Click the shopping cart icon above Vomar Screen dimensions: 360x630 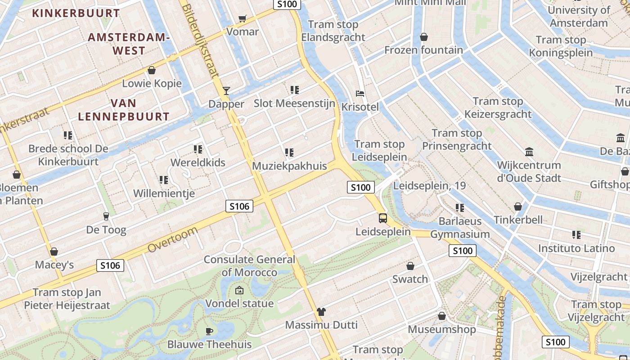coord(243,18)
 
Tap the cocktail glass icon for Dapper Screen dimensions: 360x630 coord(226,91)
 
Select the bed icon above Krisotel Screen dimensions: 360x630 coord(360,94)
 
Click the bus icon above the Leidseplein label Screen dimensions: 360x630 coord(383,218)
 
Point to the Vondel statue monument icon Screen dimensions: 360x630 coord(239,290)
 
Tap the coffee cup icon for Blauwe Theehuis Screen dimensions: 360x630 coord(209,332)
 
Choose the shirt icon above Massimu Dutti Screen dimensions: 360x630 coord(321,311)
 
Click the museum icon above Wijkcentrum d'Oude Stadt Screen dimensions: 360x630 coord(529,152)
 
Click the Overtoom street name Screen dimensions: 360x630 coord(172,240)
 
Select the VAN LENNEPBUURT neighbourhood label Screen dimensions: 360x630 coord(124,110)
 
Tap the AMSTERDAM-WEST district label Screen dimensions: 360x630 coord(128,44)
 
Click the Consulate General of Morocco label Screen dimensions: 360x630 coord(249,266)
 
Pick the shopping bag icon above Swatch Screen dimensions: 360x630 coord(410,266)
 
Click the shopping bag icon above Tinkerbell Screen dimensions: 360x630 coord(518,207)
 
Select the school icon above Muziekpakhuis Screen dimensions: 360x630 coord(289,153)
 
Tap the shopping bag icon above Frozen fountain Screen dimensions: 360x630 coord(423,37)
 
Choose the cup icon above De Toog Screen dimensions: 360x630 coord(106,216)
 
